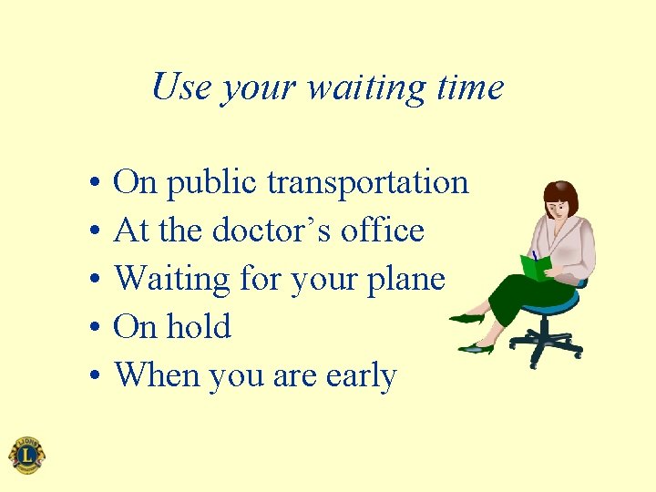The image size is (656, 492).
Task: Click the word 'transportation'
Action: pos(367,183)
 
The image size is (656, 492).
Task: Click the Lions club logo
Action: pos(26,455)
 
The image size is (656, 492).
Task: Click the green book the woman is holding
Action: pos(535,266)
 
